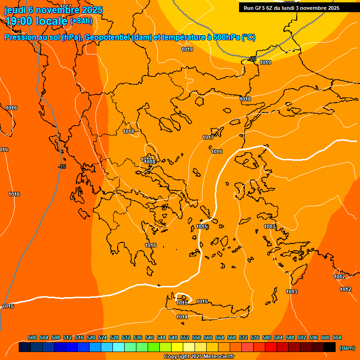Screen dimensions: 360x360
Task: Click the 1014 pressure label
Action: click(182, 317)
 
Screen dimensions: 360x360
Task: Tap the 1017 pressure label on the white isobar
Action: click(208, 137)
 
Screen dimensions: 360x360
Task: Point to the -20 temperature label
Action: click(253, 59)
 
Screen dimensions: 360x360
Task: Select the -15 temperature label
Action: click(62, 167)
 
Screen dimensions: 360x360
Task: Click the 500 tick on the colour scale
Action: click(32, 337)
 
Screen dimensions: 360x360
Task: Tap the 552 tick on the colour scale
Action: click(185, 337)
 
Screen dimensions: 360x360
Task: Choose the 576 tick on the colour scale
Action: click(255, 337)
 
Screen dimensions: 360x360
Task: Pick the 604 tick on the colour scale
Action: click(337, 337)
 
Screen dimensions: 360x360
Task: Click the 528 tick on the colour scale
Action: click(114, 337)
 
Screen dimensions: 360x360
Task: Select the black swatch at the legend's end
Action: click(330, 347)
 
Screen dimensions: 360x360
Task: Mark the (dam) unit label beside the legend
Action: click(347, 348)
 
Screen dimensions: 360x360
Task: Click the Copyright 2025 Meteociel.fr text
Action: click(199, 357)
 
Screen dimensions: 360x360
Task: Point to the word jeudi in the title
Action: click(15, 10)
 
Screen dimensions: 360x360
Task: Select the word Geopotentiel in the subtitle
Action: click(108, 37)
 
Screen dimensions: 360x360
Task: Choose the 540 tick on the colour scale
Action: click(150, 337)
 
